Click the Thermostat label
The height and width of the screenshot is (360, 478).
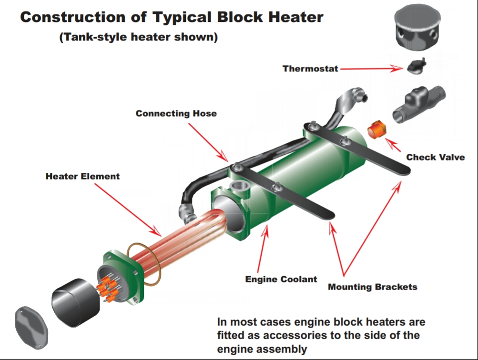[310, 68]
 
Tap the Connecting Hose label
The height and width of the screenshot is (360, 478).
[176, 113]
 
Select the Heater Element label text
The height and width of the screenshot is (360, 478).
[82, 176]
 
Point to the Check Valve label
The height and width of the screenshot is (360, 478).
[435, 157]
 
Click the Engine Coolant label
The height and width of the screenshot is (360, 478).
[281, 279]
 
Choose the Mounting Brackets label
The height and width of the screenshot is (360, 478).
[372, 287]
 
